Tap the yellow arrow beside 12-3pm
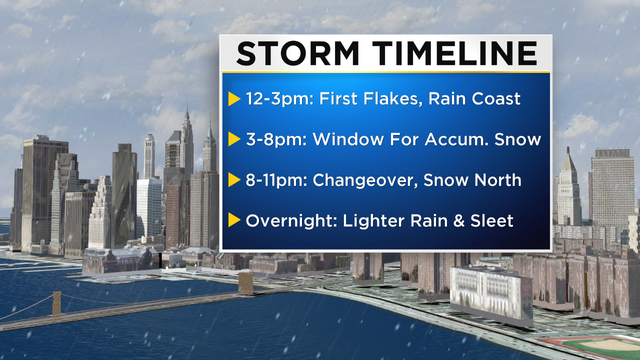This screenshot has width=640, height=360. tap(234, 99)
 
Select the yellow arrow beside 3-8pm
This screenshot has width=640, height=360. tap(234, 140)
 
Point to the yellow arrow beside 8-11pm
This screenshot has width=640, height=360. tap(234, 181)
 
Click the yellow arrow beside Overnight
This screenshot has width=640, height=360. tap(234, 221)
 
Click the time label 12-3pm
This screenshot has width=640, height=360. tap(273, 99)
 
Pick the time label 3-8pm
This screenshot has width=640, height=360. tap(268, 140)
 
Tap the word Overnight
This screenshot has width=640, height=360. tap(283, 221)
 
